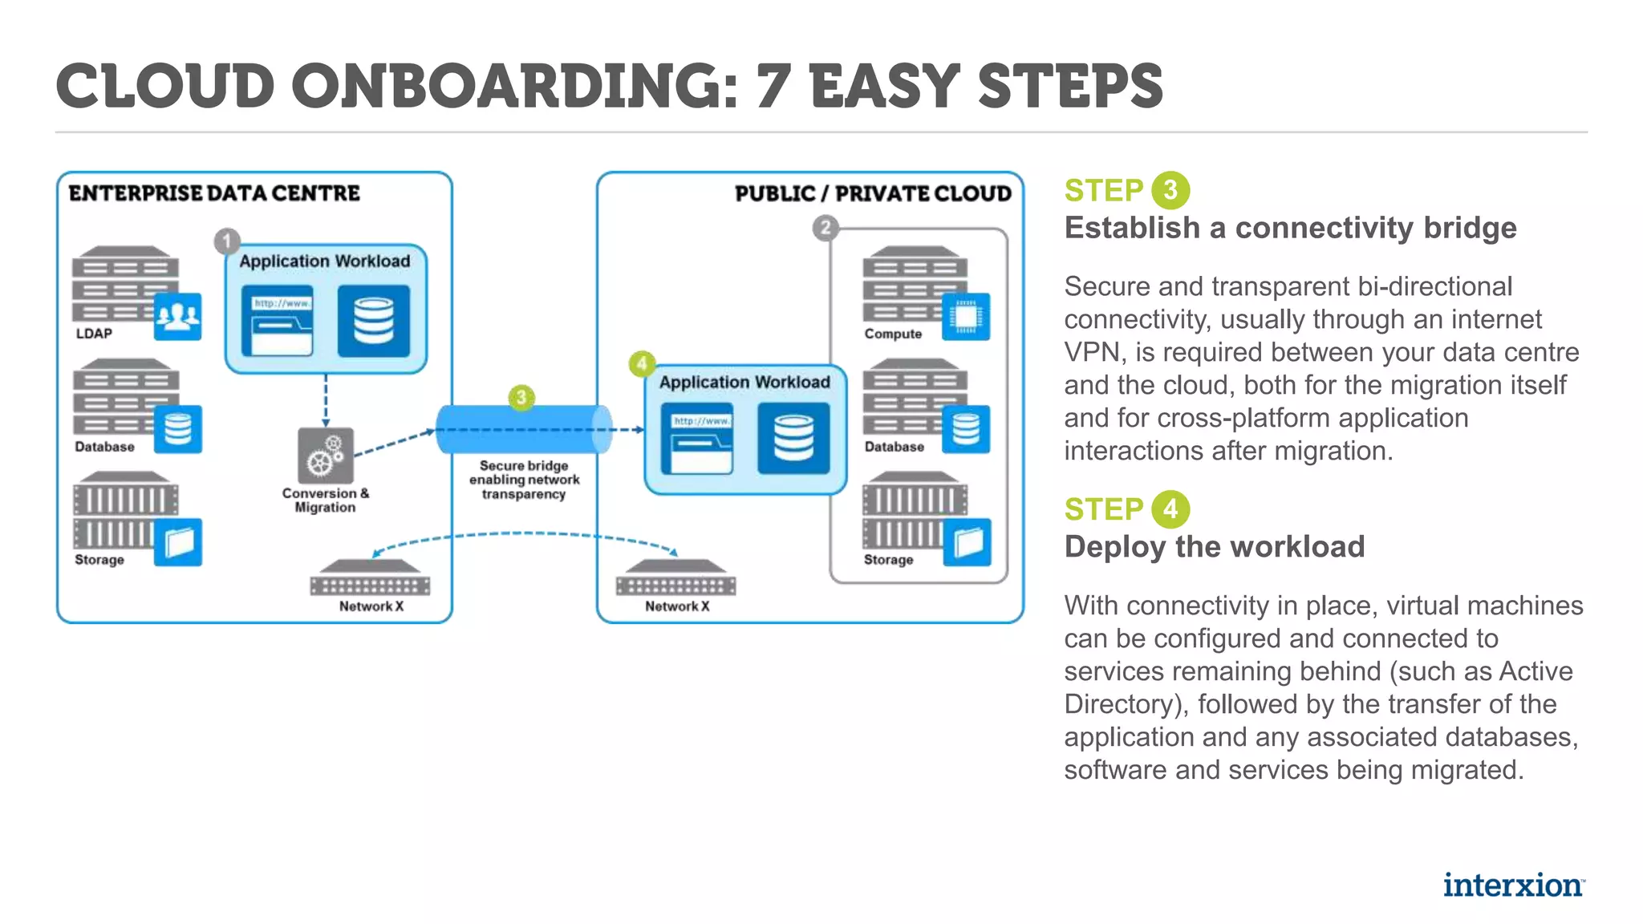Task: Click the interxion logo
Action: coord(1513,885)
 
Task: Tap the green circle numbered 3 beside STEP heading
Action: coord(1170,190)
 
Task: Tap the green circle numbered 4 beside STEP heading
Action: coord(1170,509)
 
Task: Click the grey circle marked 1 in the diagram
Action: coord(227,241)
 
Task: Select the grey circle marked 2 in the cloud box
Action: coord(825,228)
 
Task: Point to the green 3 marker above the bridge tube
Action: coord(521,397)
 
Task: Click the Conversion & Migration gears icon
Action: coord(325,456)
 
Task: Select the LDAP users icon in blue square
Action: coord(177,316)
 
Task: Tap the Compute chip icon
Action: coord(966,316)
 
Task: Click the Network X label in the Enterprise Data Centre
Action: coord(371,606)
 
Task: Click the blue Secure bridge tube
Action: coord(524,430)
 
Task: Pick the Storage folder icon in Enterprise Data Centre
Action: coord(178,543)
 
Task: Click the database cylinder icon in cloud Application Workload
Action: coord(793,438)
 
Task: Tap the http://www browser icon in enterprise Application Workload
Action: coord(278,321)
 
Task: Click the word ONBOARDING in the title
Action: coord(513,87)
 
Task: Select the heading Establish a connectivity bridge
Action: coord(1290,229)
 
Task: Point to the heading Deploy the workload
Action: coord(1214,547)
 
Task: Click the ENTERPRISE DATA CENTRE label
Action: coord(214,193)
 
